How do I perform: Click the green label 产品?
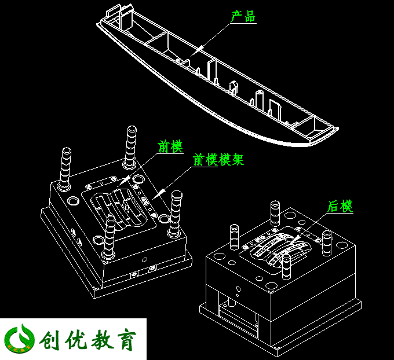(243, 16)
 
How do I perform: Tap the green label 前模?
(170, 146)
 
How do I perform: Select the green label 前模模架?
(218, 159)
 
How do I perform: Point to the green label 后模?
(340, 207)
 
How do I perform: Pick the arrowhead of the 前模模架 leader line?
(159, 194)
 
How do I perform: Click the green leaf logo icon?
(19, 339)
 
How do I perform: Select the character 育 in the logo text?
(126, 339)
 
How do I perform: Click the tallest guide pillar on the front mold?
(131, 147)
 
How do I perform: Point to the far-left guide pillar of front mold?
(65, 168)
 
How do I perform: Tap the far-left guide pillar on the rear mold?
(234, 237)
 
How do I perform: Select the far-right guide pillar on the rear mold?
(327, 243)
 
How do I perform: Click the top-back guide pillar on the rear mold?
(275, 214)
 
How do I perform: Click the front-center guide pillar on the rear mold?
(286, 267)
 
